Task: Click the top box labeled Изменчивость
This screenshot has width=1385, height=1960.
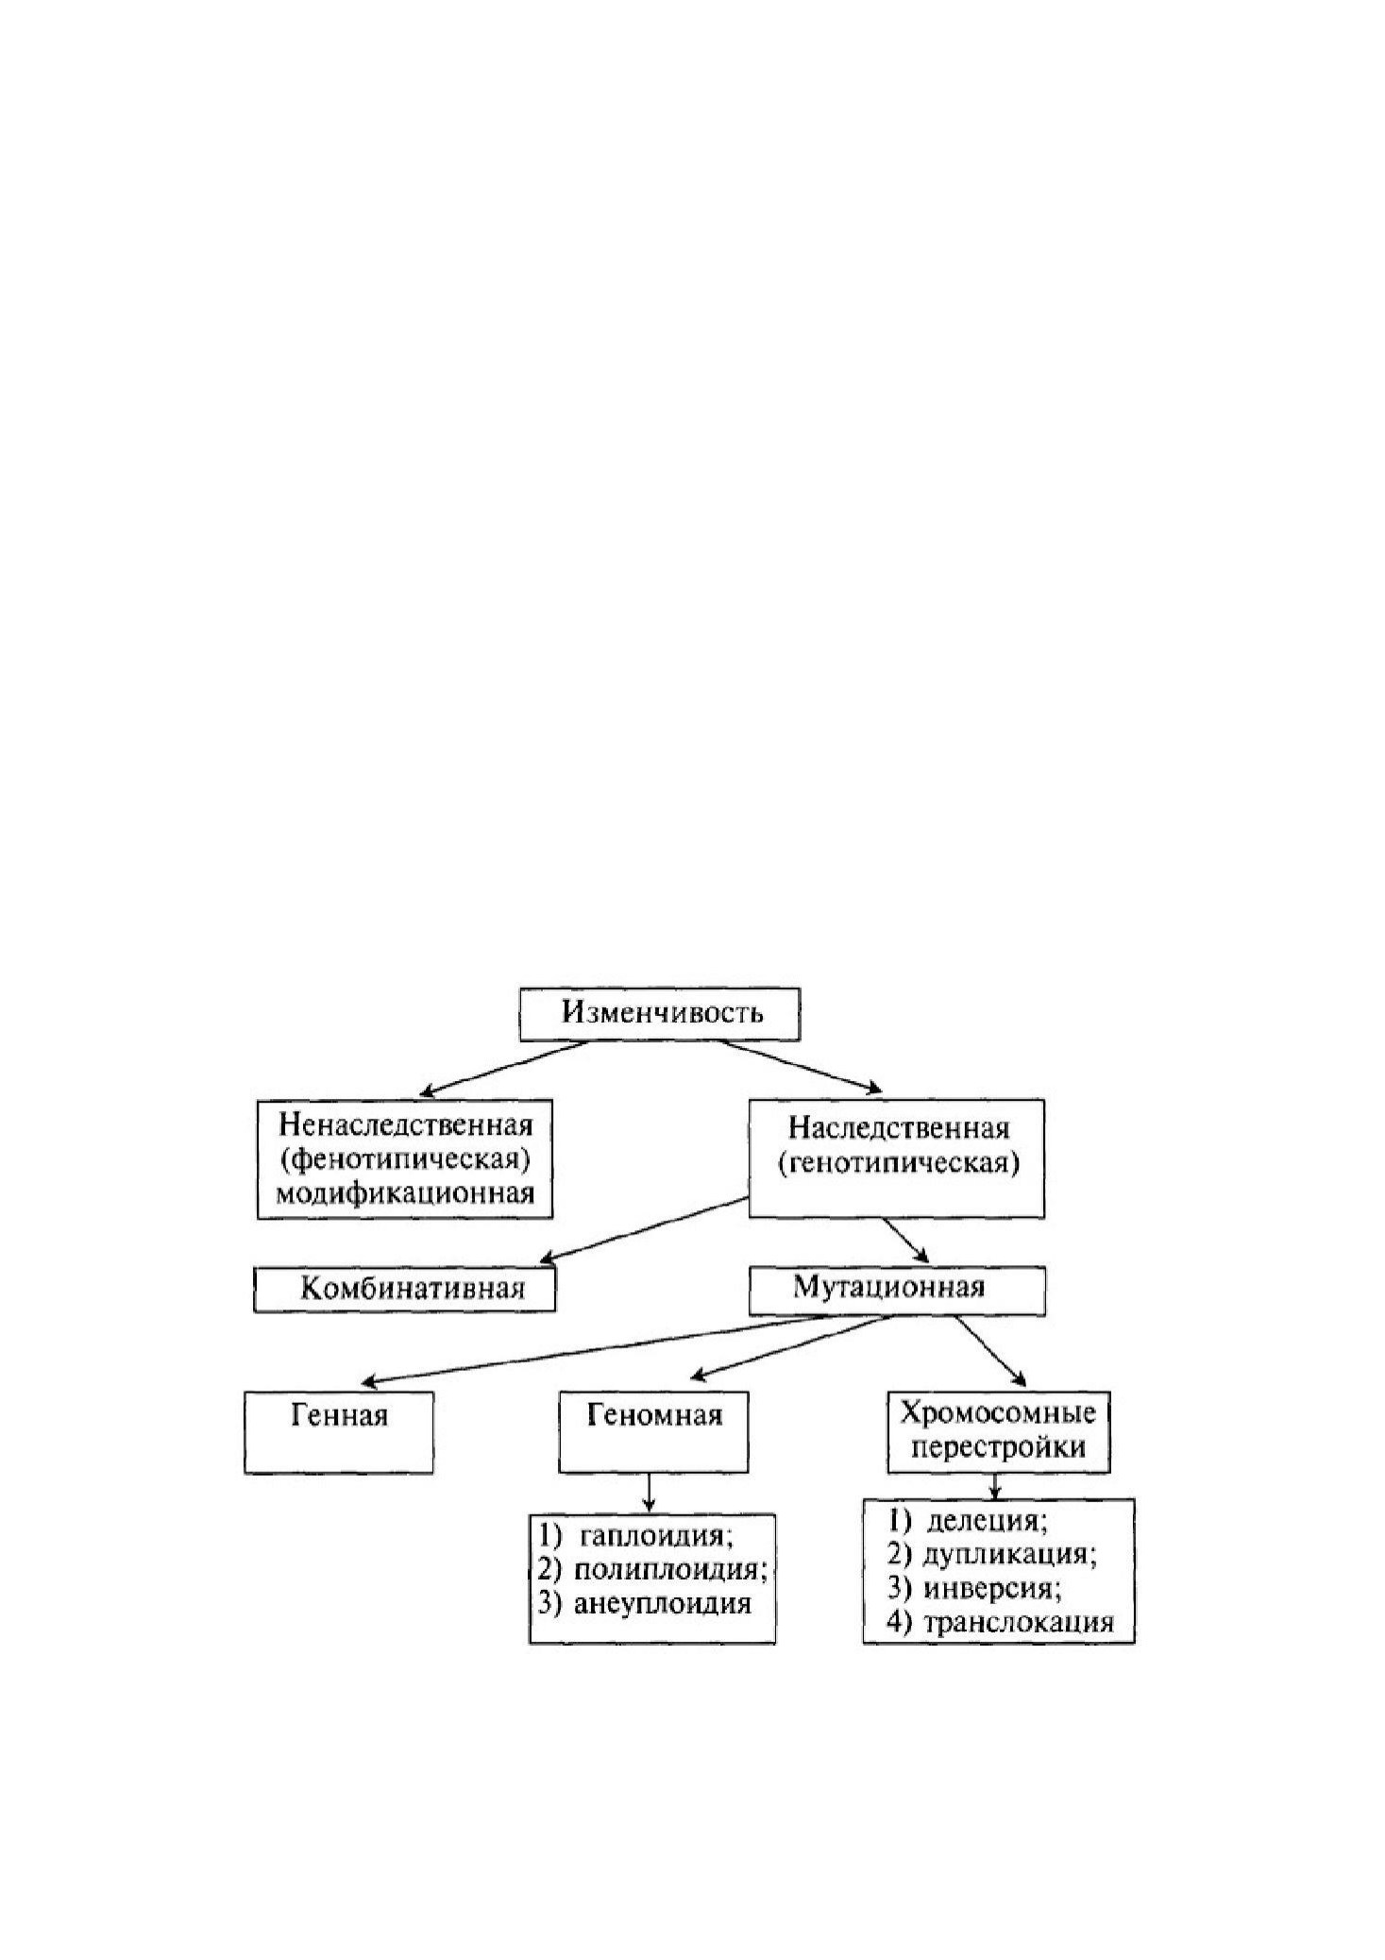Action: tap(659, 1014)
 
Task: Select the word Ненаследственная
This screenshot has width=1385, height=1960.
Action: tap(406, 1125)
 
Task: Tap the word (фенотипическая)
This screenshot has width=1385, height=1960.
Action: tap(406, 1158)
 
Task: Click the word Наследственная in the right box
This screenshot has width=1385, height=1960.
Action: tap(899, 1128)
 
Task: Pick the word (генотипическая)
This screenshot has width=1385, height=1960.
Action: tap(899, 1162)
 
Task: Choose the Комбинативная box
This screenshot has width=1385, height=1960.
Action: tap(404, 1289)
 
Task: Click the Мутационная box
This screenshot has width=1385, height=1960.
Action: tap(897, 1290)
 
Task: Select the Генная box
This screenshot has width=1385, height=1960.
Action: tap(339, 1431)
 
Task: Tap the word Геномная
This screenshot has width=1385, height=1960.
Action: tap(654, 1414)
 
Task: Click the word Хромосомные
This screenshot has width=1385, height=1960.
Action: tap(999, 1412)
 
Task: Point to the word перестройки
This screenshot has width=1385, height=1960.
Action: tap(999, 1446)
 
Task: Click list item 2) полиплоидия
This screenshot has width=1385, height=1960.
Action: tap(652, 1569)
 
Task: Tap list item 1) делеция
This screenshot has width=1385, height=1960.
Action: tap(969, 1521)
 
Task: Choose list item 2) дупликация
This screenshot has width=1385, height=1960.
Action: tap(992, 1554)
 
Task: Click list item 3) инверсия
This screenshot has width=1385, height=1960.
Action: tap(975, 1588)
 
